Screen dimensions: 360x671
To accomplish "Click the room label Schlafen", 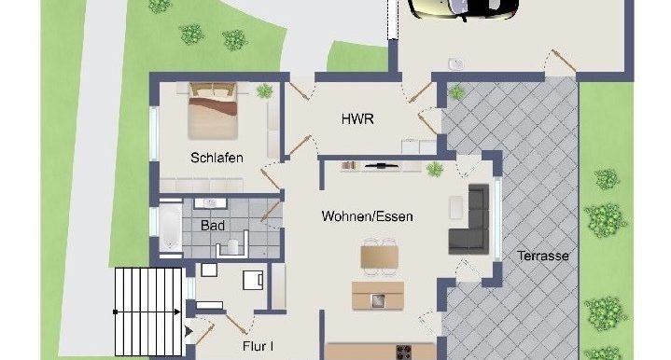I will point(217,158).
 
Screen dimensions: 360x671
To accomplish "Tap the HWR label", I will point(358,118).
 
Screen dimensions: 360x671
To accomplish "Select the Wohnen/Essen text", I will point(367,216).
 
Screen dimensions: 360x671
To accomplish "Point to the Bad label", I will point(212,225).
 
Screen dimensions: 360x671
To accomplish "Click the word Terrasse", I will point(544,256).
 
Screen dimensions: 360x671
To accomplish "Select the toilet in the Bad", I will point(228,247).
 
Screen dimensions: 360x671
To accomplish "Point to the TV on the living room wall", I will point(383,165).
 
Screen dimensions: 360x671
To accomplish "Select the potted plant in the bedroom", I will point(265,91).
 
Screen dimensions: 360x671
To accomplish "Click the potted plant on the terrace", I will point(456,92).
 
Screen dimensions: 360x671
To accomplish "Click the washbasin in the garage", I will point(454,63).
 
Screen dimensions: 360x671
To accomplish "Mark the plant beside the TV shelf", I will point(434,169).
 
